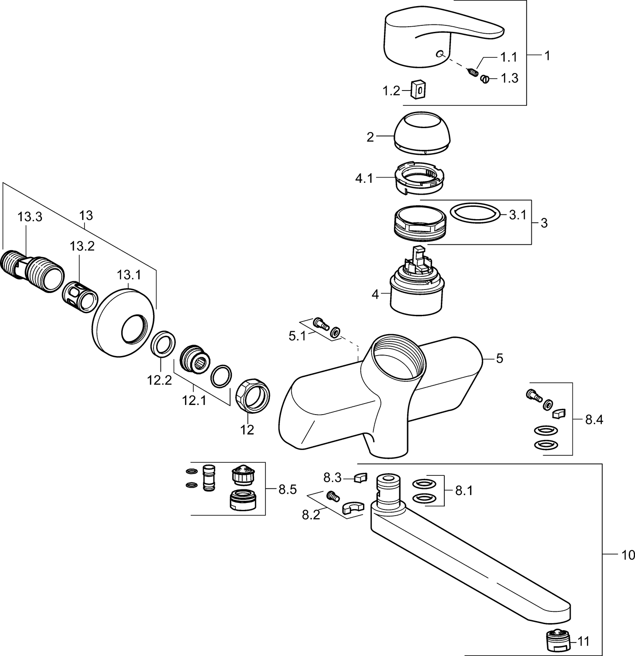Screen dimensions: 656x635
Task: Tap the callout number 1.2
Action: tap(391, 91)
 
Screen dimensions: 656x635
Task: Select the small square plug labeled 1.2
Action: tap(419, 89)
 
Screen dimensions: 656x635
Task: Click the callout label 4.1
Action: tap(364, 178)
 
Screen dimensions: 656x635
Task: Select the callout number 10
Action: tap(628, 555)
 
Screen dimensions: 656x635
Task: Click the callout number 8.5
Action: tap(287, 489)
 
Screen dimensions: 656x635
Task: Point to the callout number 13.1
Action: tap(129, 275)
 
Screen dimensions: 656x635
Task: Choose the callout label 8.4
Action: tap(594, 420)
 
